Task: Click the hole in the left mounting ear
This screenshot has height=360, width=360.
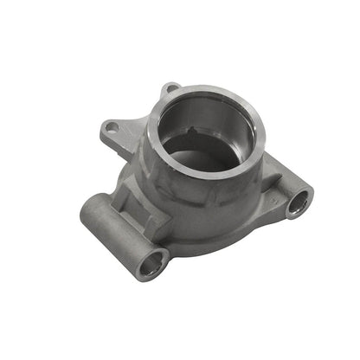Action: [111, 128]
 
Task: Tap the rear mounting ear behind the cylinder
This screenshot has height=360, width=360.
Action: [170, 87]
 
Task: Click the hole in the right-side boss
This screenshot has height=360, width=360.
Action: [298, 203]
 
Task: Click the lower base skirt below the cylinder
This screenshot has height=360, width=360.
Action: [216, 234]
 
